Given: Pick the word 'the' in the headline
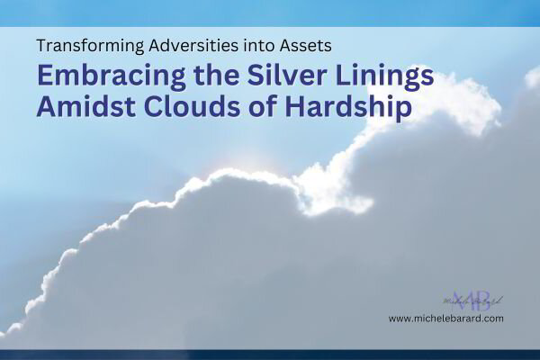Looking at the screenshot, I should click(x=202, y=76).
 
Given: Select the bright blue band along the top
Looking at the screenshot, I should click(x=270, y=12).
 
